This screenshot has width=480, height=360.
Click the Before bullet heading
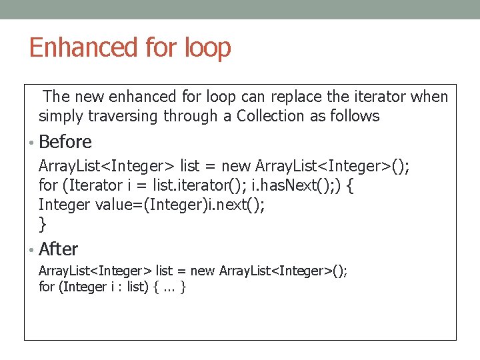65,142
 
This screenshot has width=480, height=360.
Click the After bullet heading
59,249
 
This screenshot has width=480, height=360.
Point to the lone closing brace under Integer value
43,223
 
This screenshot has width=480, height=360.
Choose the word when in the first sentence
430,97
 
